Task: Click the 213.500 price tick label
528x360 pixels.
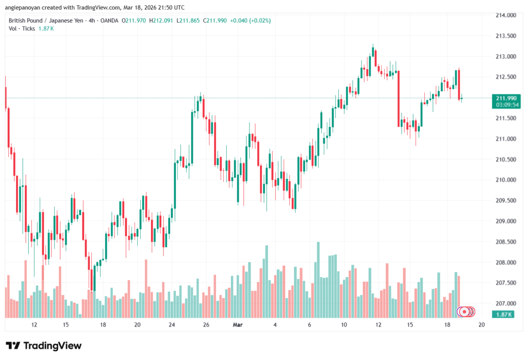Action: click(x=505, y=36)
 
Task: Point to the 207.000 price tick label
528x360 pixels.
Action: click(x=505, y=303)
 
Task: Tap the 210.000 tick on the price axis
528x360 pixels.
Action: click(x=505, y=180)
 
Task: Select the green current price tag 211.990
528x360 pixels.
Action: click(x=505, y=98)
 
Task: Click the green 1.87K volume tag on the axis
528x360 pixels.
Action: click(x=503, y=314)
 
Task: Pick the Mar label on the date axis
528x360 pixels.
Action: click(x=238, y=325)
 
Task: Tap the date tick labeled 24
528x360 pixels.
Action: click(x=172, y=325)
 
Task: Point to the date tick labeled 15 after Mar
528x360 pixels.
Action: click(x=410, y=325)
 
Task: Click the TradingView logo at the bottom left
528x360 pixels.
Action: click(x=44, y=346)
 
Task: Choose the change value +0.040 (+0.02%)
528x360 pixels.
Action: click(x=250, y=21)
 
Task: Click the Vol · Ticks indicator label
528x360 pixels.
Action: click(x=22, y=28)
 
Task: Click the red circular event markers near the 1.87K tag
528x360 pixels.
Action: click(x=467, y=312)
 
